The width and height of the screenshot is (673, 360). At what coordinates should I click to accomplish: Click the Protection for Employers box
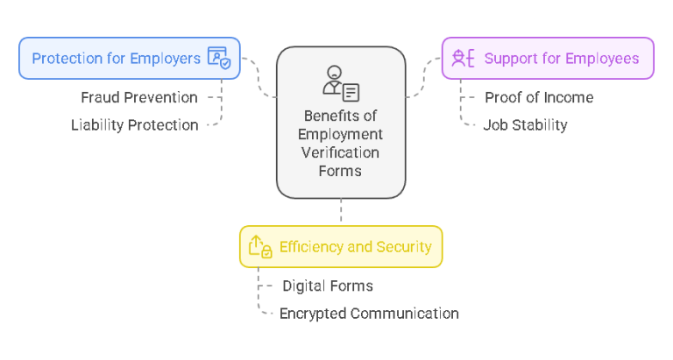pyautogui.click(x=130, y=59)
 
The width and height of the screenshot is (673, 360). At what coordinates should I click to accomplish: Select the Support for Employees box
pyautogui.click(x=548, y=59)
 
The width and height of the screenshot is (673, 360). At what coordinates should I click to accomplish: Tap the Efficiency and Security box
pyautogui.click(x=341, y=246)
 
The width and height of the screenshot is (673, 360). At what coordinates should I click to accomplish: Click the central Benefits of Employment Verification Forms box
pyautogui.click(x=341, y=123)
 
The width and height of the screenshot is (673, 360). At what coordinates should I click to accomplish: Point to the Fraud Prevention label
pyautogui.click(x=139, y=97)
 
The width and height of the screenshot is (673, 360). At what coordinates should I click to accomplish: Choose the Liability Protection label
pyautogui.click(x=135, y=124)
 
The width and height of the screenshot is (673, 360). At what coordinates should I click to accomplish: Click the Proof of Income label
pyautogui.click(x=539, y=97)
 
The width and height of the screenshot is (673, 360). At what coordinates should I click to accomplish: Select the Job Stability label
pyautogui.click(x=525, y=124)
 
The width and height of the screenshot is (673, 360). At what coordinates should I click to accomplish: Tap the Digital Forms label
pyautogui.click(x=328, y=286)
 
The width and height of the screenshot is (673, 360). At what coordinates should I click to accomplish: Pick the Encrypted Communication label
pyautogui.click(x=369, y=313)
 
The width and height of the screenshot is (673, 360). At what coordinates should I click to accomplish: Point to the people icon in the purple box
pyautogui.click(x=462, y=59)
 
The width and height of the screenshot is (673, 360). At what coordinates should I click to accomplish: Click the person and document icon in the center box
pyautogui.click(x=340, y=82)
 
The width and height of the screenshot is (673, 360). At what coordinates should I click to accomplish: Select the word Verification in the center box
pyautogui.click(x=340, y=152)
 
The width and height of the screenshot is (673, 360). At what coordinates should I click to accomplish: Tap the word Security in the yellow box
pyautogui.click(x=404, y=246)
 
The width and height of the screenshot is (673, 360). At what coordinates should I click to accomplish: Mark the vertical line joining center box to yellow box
pyautogui.click(x=341, y=212)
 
